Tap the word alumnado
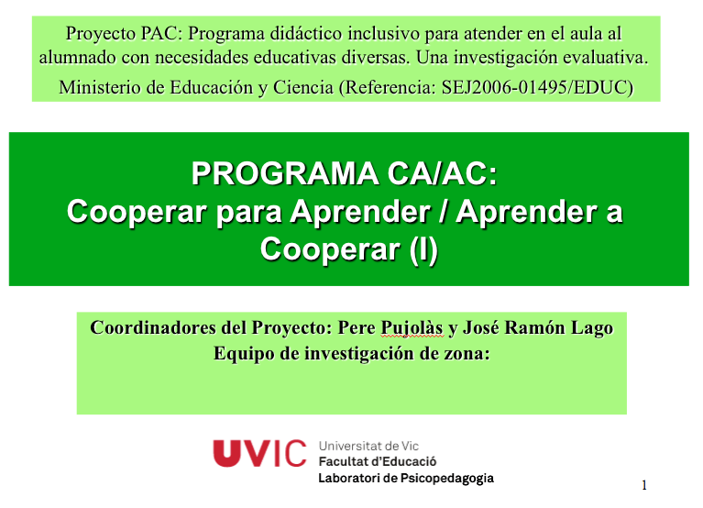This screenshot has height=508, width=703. pyautogui.click(x=76, y=57)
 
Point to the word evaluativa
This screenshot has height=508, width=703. pyautogui.click(x=606, y=57)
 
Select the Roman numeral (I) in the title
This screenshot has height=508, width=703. pyautogui.click(x=423, y=248)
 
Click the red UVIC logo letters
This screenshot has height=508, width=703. pyautogui.click(x=260, y=453)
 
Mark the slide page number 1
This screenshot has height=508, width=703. pyautogui.click(x=644, y=484)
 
